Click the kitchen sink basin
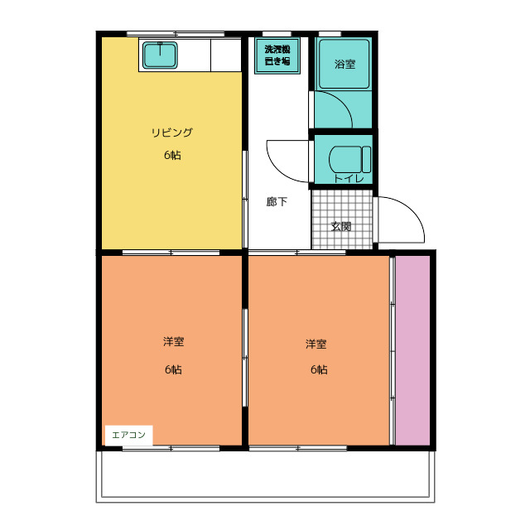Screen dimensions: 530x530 coord(160,55)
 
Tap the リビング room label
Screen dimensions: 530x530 coord(171,132)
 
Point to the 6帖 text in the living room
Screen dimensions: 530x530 coord(172,155)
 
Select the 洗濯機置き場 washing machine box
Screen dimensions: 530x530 coord(277,55)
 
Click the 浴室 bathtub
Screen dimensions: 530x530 coord(344,65)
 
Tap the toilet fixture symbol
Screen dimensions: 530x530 coord(349,159)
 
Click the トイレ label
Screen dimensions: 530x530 coord(349,179)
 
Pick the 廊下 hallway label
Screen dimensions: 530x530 coord(277,202)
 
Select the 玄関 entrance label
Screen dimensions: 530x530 coord(341,226)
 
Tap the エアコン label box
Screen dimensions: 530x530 coord(129,435)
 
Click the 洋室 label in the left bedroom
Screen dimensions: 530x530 coord(174,342)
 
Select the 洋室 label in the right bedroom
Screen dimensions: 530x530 coord(316,344)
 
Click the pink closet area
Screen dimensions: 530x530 coord(412,350)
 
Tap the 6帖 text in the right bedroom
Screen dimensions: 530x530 coord(319,369)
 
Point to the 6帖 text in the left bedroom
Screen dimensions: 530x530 coord(173,369)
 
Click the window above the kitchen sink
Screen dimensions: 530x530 coord(176,33)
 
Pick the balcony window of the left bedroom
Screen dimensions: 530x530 coord(171,449)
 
